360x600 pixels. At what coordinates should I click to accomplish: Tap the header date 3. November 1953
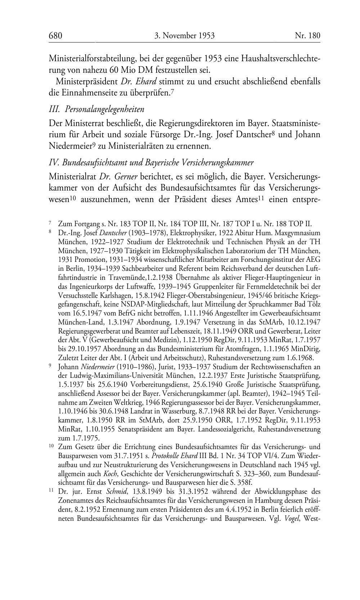coord(184,35)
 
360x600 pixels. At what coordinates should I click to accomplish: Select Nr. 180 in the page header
coord(307,35)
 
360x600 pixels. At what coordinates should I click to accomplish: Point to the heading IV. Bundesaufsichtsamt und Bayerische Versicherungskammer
coord(151,162)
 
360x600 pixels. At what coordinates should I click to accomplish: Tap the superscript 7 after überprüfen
coord(173,91)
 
